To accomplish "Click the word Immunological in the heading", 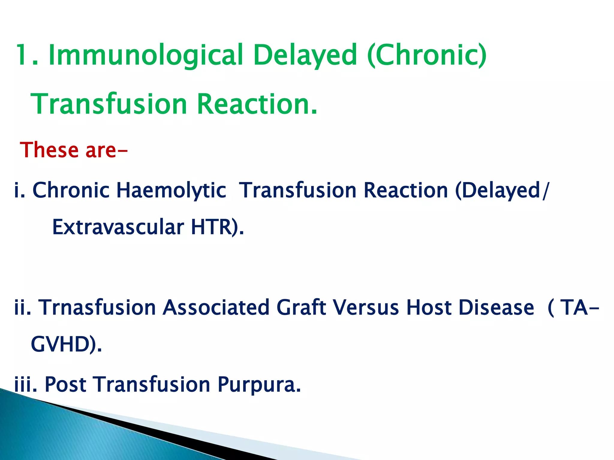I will pyautogui.click(x=145, y=55).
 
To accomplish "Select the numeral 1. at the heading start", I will pyautogui.click(x=27, y=55).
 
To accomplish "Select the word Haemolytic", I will pyautogui.click(x=171, y=191).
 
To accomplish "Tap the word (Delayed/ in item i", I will pyautogui.click(x=502, y=191).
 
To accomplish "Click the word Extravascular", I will pyautogui.click(x=118, y=227).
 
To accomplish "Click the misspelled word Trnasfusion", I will pyautogui.click(x=97, y=308).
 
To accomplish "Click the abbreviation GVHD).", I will pyautogui.click(x=66, y=345).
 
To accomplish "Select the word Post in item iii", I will pyautogui.click(x=65, y=384).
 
